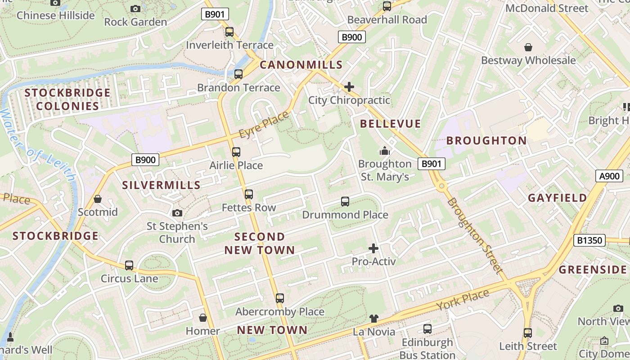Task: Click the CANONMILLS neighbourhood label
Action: (x=301, y=65)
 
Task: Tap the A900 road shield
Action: (x=610, y=176)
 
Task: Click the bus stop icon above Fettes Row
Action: (x=249, y=194)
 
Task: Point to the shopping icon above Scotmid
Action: (x=98, y=199)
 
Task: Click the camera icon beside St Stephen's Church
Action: (x=177, y=213)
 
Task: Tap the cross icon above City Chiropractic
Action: (x=349, y=86)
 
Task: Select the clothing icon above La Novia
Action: (x=373, y=319)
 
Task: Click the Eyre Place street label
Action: (x=264, y=125)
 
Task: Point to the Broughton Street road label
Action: (x=474, y=235)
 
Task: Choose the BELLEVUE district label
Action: (x=391, y=124)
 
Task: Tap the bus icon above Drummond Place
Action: (x=345, y=202)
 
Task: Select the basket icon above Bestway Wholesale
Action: (x=528, y=47)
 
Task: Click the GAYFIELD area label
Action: (x=558, y=198)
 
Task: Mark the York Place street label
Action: (x=463, y=300)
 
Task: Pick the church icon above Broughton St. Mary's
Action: (x=385, y=151)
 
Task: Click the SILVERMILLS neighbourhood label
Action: (x=162, y=185)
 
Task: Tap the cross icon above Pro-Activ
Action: (x=373, y=248)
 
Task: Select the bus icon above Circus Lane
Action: (x=129, y=265)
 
